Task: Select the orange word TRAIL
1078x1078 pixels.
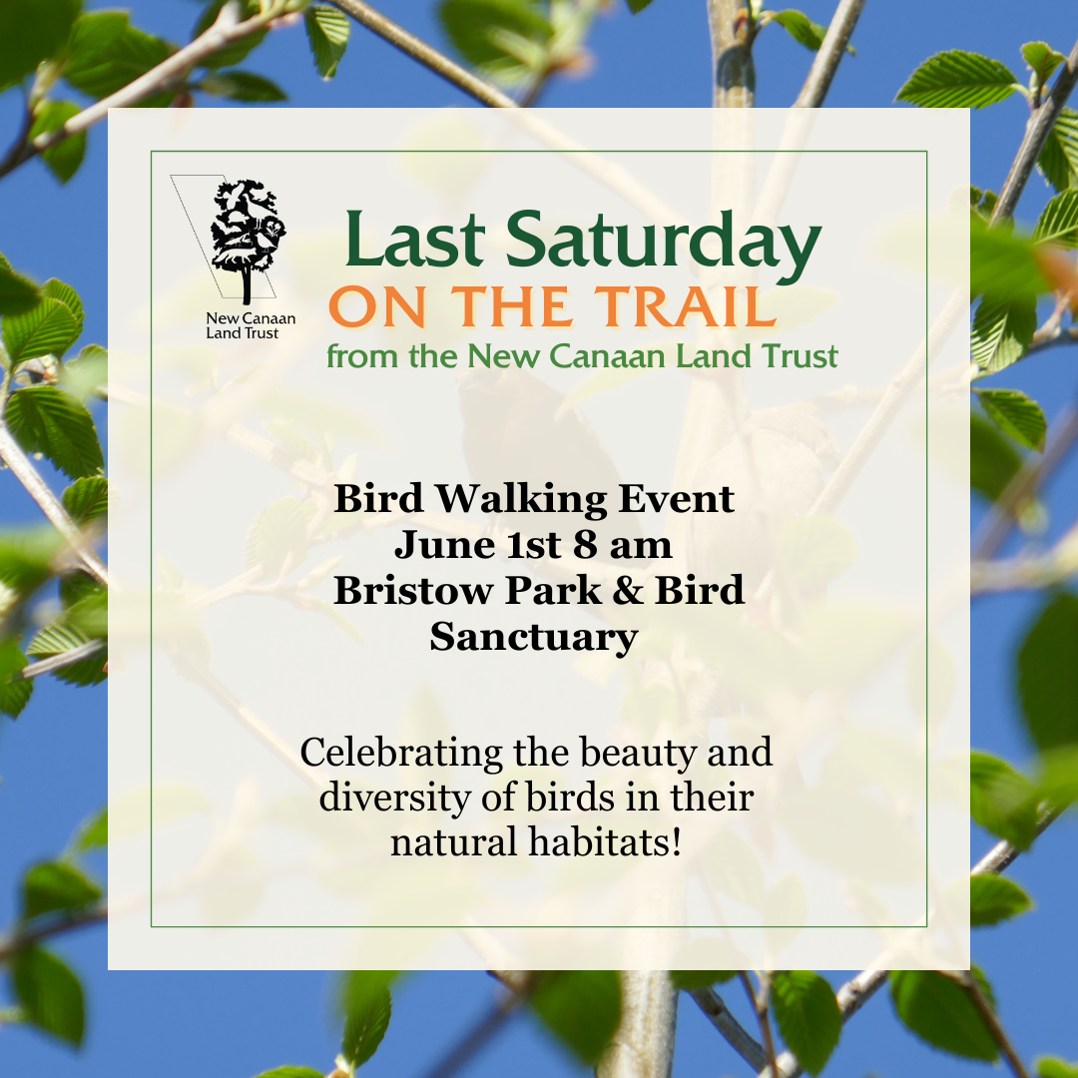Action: click(x=686, y=306)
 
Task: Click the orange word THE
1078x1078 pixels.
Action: click(x=511, y=306)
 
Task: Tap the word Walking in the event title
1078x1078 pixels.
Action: click(x=520, y=500)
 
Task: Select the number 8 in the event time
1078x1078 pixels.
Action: click(x=585, y=545)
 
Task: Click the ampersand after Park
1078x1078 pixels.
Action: click(x=627, y=590)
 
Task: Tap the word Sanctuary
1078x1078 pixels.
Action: click(x=534, y=638)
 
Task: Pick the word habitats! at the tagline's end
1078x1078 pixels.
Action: click(x=605, y=841)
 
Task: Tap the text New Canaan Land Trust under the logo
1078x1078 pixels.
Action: click(x=251, y=325)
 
